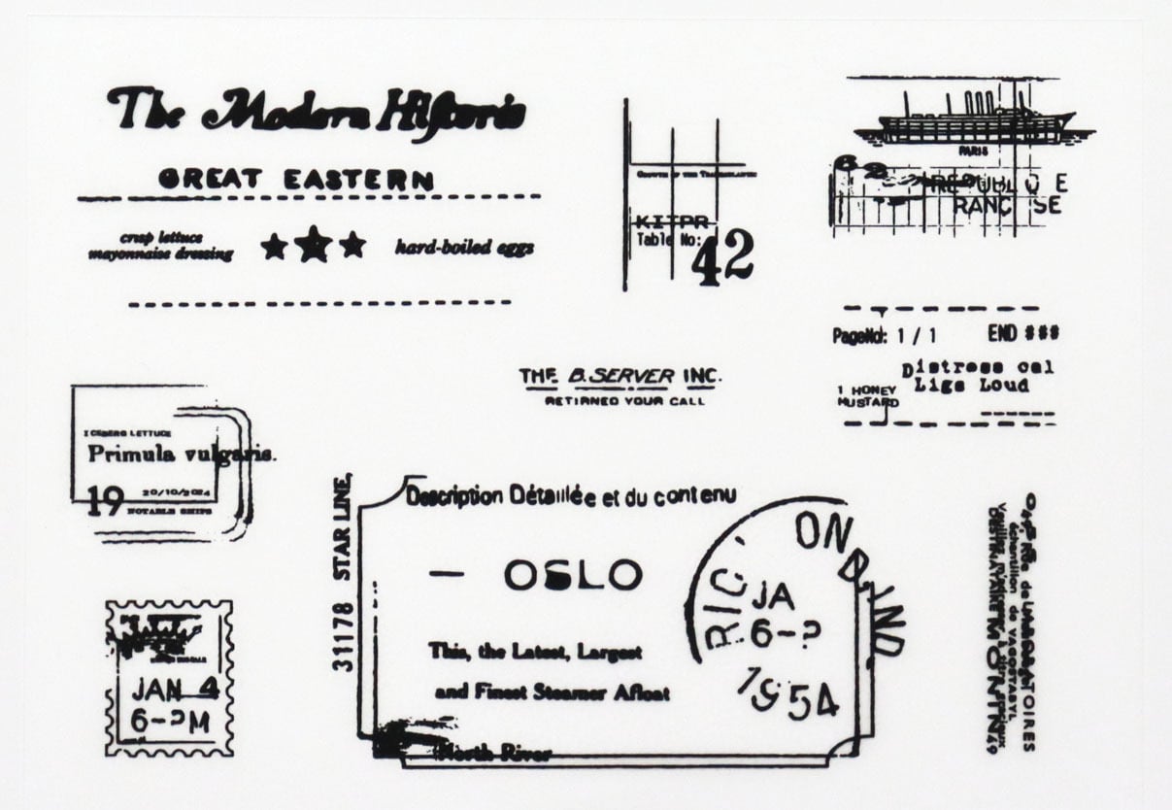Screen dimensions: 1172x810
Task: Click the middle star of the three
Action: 312,244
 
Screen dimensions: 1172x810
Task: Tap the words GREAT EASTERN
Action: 296,179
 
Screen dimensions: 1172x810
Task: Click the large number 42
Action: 723,257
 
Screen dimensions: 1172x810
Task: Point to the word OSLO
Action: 573,575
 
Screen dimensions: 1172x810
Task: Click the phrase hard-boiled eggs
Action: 464,248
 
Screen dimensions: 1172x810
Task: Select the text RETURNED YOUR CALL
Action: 624,400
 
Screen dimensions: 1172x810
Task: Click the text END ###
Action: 1022,333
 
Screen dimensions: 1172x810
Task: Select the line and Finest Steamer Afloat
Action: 552,693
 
